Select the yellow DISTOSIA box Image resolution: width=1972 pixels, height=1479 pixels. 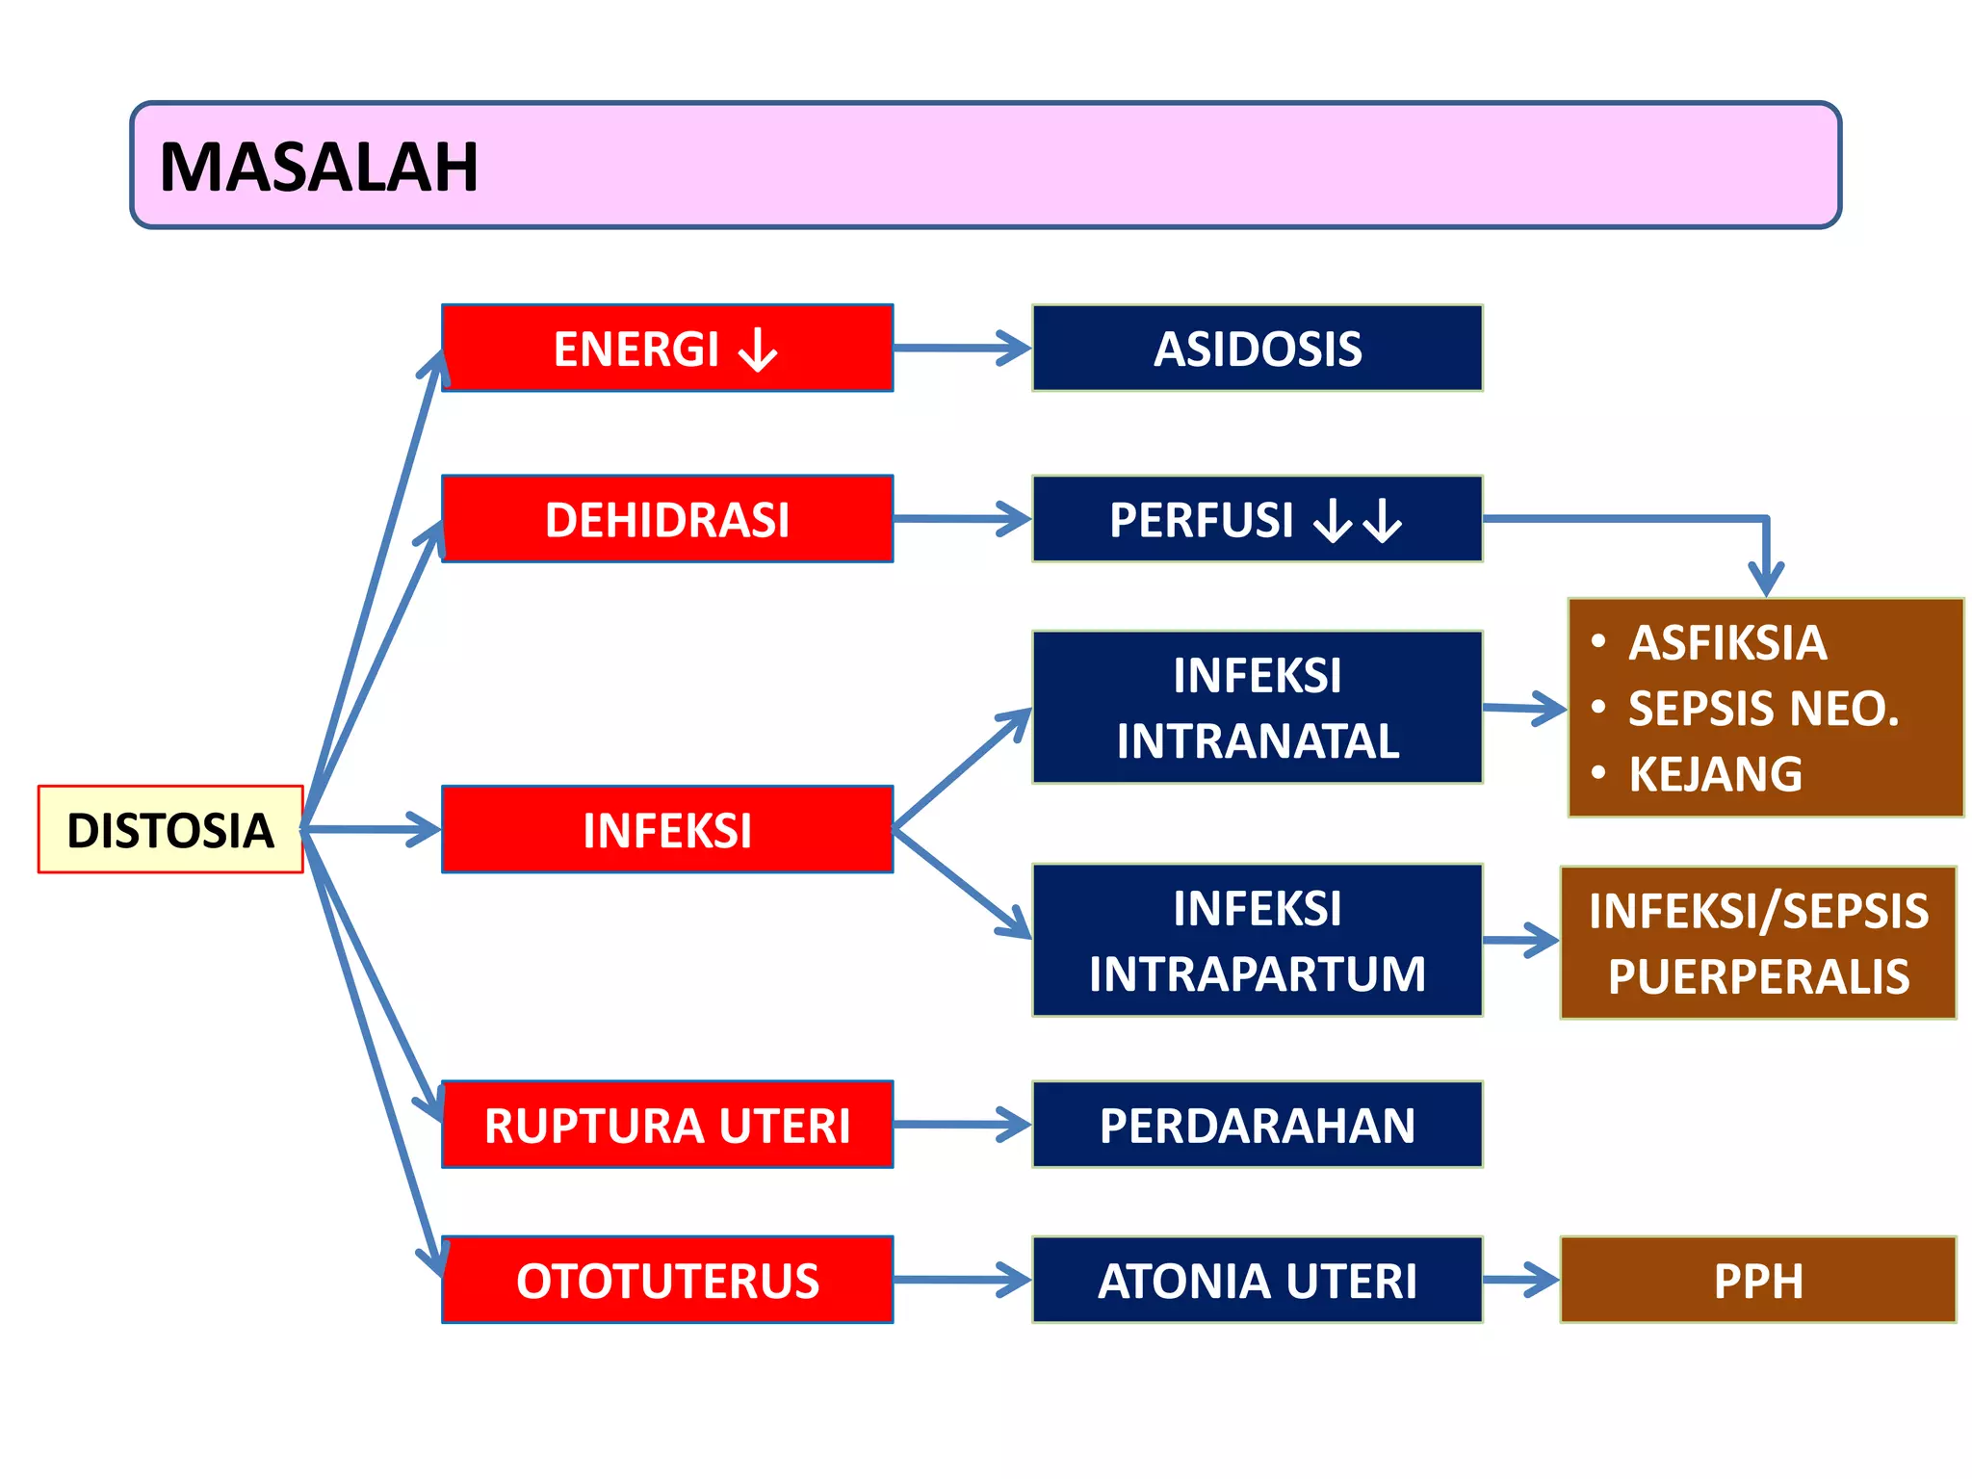(170, 830)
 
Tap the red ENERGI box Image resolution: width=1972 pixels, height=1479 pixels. (666, 348)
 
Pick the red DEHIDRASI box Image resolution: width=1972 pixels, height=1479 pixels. (666, 519)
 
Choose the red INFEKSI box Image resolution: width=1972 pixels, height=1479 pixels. (666, 830)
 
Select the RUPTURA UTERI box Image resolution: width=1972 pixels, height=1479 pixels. (666, 1125)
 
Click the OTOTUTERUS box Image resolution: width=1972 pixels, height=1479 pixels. (666, 1280)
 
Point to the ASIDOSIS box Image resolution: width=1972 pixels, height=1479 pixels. (1257, 348)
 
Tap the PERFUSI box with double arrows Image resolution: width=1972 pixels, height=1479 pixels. (1257, 519)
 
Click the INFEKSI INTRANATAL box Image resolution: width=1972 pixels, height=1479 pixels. (1257, 708)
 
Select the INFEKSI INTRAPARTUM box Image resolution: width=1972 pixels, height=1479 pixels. (1257, 940)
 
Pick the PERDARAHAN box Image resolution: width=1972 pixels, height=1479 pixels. (1257, 1125)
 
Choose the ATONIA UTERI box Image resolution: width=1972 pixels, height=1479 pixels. (1257, 1280)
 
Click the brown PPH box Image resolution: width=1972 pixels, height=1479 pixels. (1757, 1280)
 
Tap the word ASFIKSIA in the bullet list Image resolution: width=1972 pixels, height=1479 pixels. (1726, 642)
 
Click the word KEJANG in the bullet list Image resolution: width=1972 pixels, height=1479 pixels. (1715, 774)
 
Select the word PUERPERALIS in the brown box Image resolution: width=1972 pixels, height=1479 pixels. (1758, 976)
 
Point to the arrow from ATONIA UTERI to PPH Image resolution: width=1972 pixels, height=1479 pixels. (1521, 1280)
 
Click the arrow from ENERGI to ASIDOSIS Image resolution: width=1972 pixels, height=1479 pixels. (963, 348)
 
